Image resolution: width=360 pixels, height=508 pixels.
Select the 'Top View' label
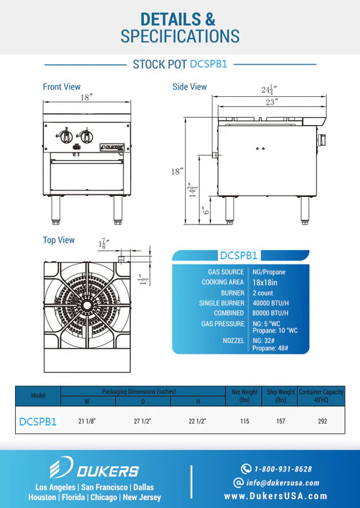[59, 240]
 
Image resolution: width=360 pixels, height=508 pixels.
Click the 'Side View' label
[189, 86]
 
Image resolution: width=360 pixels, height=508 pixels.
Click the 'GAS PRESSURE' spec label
[222, 324]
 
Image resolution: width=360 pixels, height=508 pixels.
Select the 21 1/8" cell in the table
[88, 422]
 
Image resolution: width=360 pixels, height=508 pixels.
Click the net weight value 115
[244, 422]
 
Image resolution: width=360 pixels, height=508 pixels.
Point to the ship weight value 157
[280, 422]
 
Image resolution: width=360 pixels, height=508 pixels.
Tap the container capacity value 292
[321, 422]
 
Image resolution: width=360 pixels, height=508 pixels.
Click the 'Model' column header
[38, 395]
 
